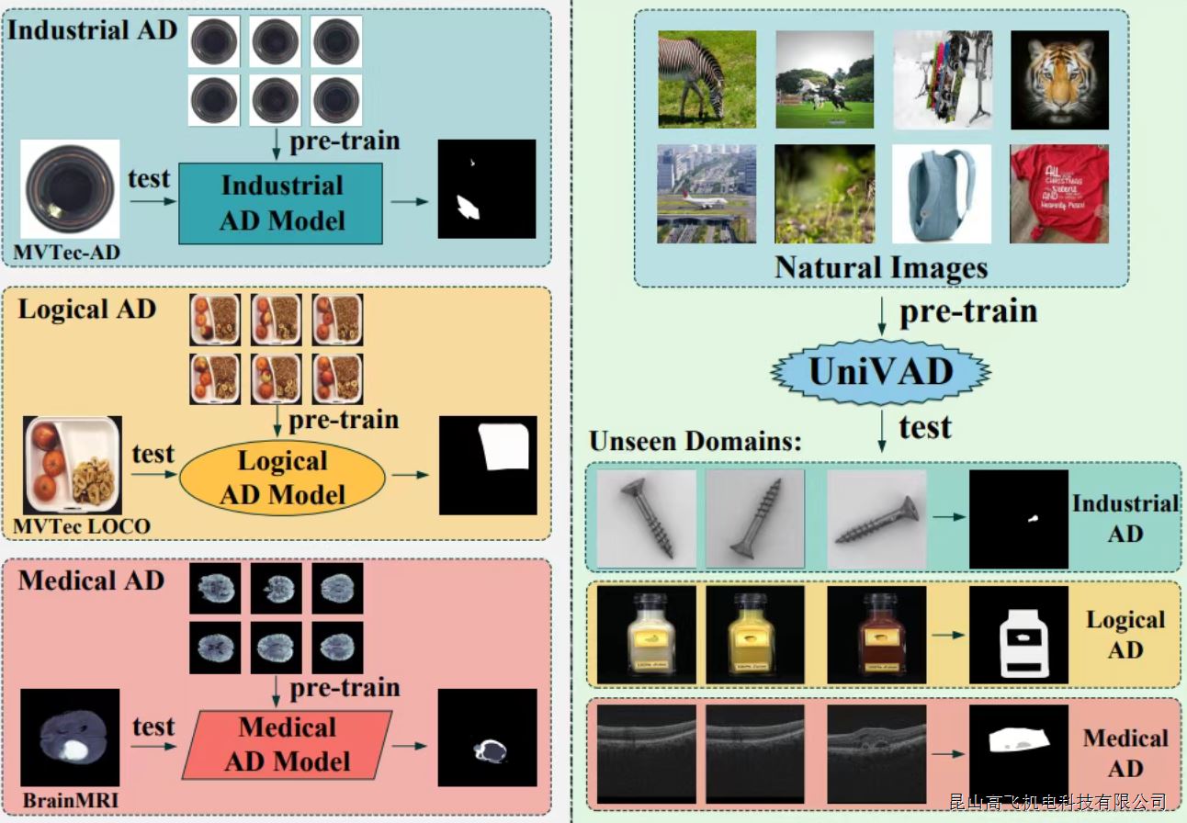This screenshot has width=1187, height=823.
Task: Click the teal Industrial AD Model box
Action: (280, 203)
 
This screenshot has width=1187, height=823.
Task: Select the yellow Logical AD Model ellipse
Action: (282, 478)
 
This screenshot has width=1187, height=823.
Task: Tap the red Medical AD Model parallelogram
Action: (288, 744)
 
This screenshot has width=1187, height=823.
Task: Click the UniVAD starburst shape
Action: (880, 371)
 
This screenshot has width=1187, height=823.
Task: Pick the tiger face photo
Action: (1059, 80)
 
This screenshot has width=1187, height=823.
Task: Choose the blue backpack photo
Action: (942, 194)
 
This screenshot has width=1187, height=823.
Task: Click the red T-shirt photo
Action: (1059, 194)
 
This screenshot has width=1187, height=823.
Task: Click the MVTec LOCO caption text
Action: (81, 526)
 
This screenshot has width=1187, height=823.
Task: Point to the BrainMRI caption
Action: (71, 800)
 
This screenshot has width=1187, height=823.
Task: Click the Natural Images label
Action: (880, 267)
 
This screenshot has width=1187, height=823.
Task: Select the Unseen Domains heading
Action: (695, 440)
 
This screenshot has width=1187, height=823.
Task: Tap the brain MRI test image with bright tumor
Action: (71, 738)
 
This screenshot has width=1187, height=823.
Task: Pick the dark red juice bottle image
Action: (876, 635)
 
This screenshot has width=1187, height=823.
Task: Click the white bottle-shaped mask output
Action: (1019, 635)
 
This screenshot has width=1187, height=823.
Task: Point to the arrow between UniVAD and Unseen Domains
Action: (880, 428)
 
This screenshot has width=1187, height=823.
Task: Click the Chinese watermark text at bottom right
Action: (1057, 803)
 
